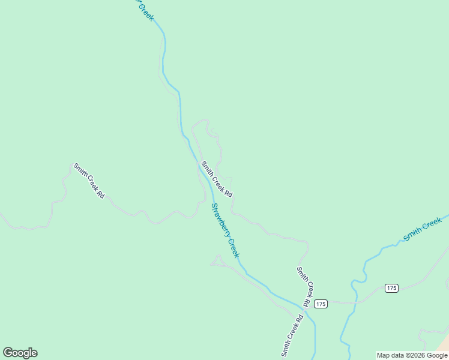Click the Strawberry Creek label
point(225,230)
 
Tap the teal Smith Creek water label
point(423,229)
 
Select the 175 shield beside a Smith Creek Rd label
point(321,304)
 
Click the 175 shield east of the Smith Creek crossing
point(392,288)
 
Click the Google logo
point(20,353)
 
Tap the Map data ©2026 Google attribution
point(412,355)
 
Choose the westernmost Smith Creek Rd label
point(89,181)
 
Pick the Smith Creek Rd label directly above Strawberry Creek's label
point(217,179)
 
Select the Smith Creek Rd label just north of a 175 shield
point(305,286)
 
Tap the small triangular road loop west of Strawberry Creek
point(217,260)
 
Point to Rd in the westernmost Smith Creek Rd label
point(100,194)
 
